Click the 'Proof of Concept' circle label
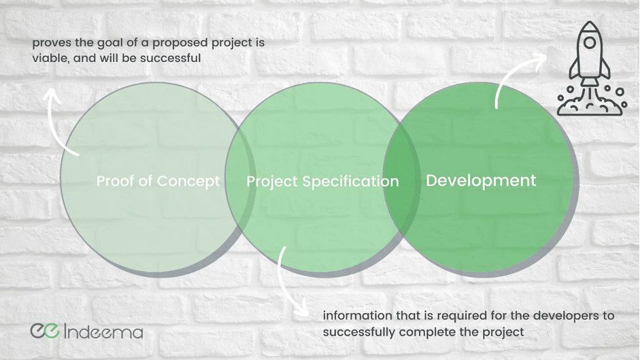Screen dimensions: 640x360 coord(158,181)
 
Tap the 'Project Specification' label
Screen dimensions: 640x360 coord(322,182)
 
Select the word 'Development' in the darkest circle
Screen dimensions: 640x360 coord(481,180)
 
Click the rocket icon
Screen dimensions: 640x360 coord(590,68)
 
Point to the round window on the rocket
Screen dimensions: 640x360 coord(590,42)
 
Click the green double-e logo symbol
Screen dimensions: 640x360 coord(45,330)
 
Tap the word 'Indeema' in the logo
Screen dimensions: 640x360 coord(103,331)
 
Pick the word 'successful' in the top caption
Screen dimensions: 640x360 coord(171,58)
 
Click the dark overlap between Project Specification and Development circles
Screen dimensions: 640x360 coord(401,180)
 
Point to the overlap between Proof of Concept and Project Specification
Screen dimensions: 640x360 coord(240,180)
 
